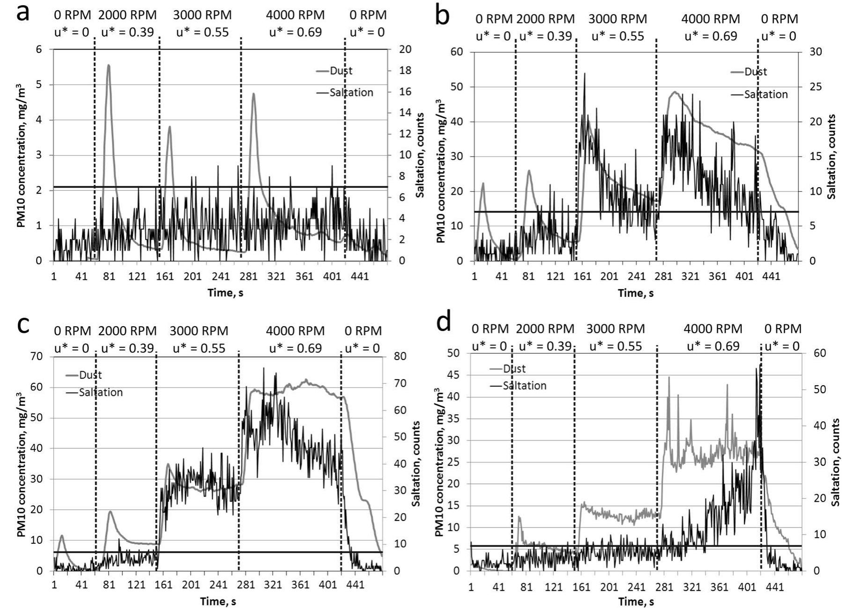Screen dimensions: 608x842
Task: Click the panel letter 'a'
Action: [x=22, y=13]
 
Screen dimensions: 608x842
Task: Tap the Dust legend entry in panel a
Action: [x=341, y=71]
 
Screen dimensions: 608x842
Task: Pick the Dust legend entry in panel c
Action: [x=90, y=375]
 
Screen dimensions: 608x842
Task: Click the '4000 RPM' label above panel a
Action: [x=295, y=15]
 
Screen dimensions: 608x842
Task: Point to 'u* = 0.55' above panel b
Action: [x=618, y=37]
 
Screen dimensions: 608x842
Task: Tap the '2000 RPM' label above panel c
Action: [x=127, y=331]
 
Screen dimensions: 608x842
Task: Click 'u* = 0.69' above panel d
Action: [x=713, y=346]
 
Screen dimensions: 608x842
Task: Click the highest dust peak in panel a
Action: [x=108, y=66]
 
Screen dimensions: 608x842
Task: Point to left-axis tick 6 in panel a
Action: [x=39, y=50]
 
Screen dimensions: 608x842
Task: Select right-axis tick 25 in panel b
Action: [x=816, y=87]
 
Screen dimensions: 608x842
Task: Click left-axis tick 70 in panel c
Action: [x=37, y=357]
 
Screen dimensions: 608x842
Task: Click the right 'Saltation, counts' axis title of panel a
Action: [x=420, y=154]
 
